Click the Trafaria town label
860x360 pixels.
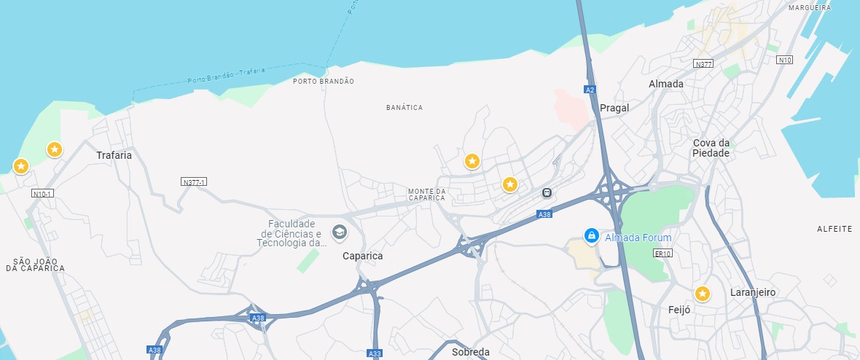pos(114,155)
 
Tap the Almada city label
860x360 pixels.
pos(666,84)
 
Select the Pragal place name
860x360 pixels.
pos(614,108)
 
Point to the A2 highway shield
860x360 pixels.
pos(590,90)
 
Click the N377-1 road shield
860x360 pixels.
pos(194,181)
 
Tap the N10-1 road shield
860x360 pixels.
pos(43,194)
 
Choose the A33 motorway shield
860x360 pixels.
pos(375,353)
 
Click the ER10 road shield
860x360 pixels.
pos(662,254)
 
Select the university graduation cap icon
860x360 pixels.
pos(339,232)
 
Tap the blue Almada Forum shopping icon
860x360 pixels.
pos(592,235)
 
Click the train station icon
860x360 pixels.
pos(546,193)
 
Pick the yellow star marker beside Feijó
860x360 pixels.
pos(702,294)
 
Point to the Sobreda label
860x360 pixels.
pos(471,352)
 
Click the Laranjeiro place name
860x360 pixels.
pos(753,293)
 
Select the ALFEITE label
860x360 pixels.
pos(834,229)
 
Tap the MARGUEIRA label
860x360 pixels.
pos(809,8)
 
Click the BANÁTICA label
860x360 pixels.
pos(404,108)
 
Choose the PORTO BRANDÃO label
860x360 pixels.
pos(323,82)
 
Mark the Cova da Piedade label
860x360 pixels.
pos(711,148)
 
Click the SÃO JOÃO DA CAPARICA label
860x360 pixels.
pos(35,264)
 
